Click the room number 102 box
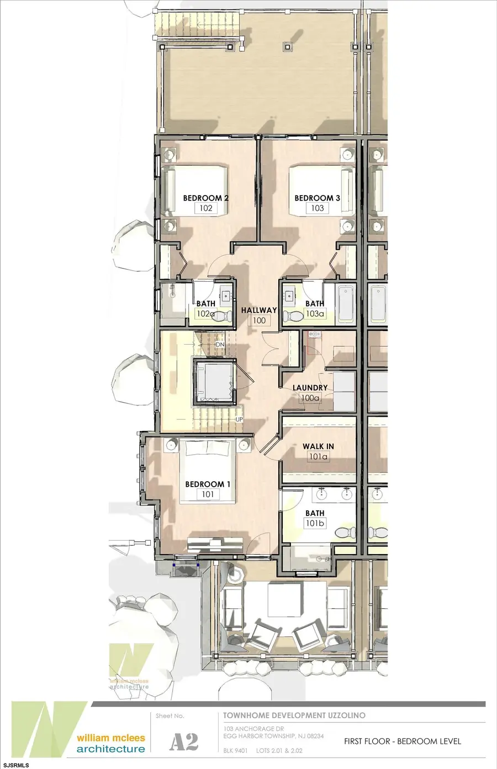tap(206, 208)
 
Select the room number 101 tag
tap(208, 494)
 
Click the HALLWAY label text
tap(258, 310)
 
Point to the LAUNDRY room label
tap(310, 388)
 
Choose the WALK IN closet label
tap(318, 446)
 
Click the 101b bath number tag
tap(315, 523)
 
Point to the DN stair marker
tap(220, 345)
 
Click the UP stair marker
tap(239, 419)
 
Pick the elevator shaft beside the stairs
tap(213, 380)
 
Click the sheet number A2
tap(183, 742)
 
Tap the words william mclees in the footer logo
tap(110, 738)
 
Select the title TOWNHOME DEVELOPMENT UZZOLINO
tap(294, 715)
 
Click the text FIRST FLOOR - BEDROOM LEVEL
tap(402, 741)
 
